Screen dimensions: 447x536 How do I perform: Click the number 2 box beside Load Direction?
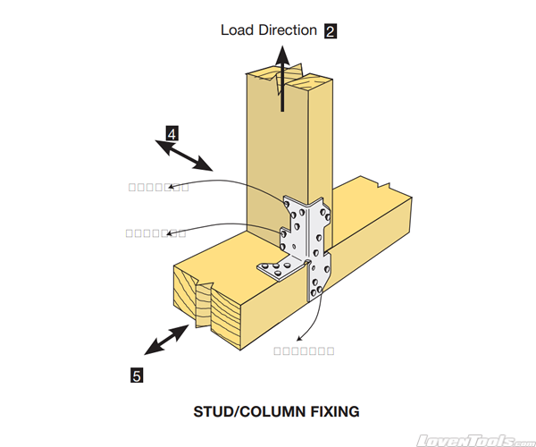tap(331, 30)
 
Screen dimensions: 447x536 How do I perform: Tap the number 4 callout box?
tap(171, 134)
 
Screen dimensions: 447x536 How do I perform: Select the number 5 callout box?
tap(137, 375)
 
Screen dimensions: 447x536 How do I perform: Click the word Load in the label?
tap(237, 30)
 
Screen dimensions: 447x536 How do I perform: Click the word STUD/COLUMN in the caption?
tap(247, 412)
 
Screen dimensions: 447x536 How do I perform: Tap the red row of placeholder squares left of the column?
tap(157, 187)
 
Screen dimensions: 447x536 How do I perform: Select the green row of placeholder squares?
tap(155, 233)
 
